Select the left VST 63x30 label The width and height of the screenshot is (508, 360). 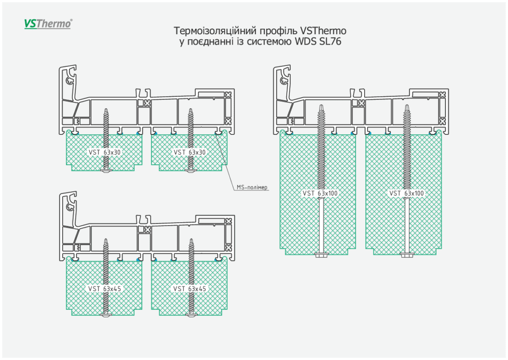pyautogui.click(x=104, y=152)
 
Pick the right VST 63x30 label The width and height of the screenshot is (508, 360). pyautogui.click(x=190, y=152)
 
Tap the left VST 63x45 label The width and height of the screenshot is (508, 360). pyautogui.click(x=105, y=289)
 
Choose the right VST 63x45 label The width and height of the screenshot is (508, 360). pyautogui.click(x=190, y=289)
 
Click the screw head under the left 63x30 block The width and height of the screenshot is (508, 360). pyautogui.click(x=106, y=171)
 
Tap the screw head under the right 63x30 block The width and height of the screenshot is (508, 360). pyautogui.click(x=191, y=171)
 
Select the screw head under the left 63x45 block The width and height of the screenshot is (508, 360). pyautogui.click(x=106, y=315)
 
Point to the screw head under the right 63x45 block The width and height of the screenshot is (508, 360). pyautogui.click(x=191, y=315)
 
